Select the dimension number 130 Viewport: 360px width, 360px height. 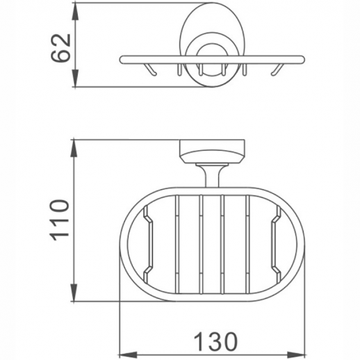pos(213,341)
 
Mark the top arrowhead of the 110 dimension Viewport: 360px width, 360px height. pos(75,145)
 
